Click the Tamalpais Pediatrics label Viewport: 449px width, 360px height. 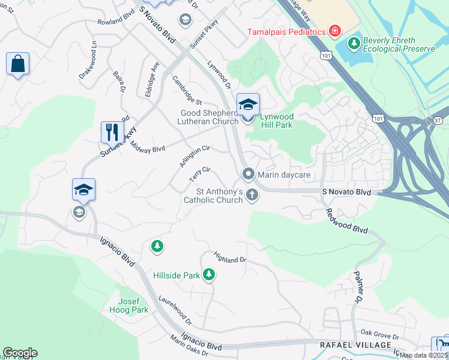pos(286,31)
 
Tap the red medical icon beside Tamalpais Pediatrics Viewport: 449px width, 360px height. pos(334,31)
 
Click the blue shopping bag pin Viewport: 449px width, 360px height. pos(18,63)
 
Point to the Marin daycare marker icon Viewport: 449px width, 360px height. pos(248,174)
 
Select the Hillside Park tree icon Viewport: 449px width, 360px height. pos(209,275)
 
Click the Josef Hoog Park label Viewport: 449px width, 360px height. pos(128,306)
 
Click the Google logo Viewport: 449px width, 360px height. pos(19,353)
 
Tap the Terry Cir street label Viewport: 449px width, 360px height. pos(199,175)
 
